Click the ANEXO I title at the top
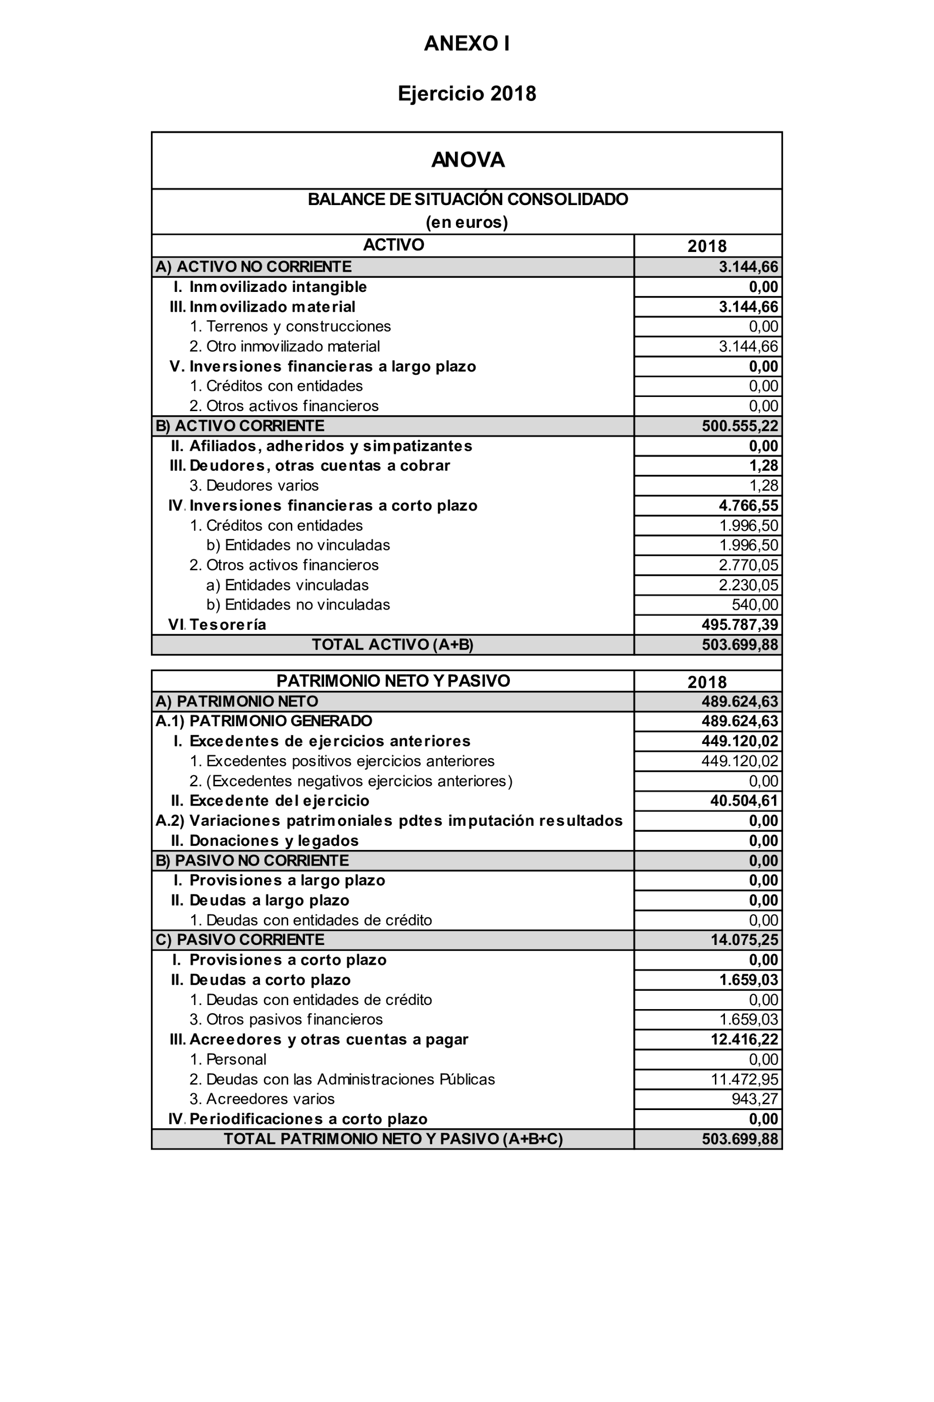[x=466, y=43]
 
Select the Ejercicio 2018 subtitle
[x=466, y=93]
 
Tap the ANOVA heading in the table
[x=468, y=160]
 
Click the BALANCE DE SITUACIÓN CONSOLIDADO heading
[x=468, y=199]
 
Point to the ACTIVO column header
[x=393, y=245]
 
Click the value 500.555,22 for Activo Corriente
[x=739, y=426]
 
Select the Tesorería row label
[x=228, y=624]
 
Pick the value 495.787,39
[x=739, y=624]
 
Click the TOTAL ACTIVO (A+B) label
[x=393, y=645]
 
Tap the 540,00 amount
[x=755, y=605]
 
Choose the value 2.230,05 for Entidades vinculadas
[x=748, y=585]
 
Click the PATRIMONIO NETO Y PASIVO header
[x=393, y=681]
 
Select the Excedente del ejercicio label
[x=279, y=801]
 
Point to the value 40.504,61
[x=744, y=801]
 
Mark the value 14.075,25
[x=744, y=940]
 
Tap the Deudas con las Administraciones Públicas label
[x=350, y=1079]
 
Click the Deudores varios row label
[x=262, y=486]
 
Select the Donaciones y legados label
[x=274, y=841]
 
